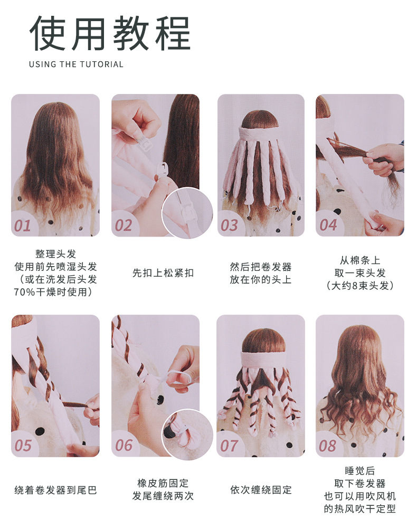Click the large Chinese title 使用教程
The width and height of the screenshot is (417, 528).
[110, 33]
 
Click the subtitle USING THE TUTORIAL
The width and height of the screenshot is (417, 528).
[76, 64]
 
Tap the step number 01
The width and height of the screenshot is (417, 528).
[22, 225]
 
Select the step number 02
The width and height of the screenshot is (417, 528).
[123, 225]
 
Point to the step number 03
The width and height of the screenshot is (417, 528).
[229, 225]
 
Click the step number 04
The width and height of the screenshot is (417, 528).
[328, 225]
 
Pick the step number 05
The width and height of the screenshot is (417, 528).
[23, 446]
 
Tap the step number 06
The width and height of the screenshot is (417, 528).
[124, 446]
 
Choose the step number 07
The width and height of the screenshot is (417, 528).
[229, 446]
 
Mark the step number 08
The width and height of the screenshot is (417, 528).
[327, 446]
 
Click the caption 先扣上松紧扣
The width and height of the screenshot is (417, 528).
[163, 273]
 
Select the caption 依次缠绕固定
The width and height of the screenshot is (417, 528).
[261, 490]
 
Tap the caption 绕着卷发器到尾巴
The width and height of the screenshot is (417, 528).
[55, 490]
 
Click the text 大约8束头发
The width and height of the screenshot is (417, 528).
[360, 286]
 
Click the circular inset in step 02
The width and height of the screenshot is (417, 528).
[187, 213]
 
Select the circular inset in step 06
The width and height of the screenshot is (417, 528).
[187, 435]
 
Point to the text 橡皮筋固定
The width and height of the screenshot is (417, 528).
[163, 483]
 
